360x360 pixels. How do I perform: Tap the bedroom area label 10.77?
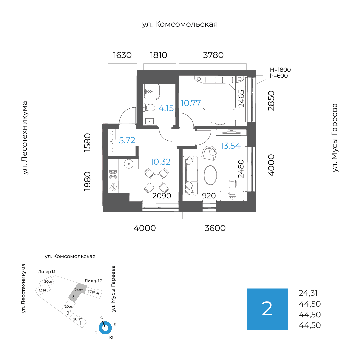[191, 103]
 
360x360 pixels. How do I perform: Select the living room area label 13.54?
[230, 146]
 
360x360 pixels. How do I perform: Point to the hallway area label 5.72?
[127, 140]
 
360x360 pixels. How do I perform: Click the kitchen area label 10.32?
[160, 162]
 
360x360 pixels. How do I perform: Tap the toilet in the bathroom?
[149, 107]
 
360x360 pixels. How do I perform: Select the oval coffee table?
[210, 175]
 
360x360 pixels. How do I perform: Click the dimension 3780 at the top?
[213, 55]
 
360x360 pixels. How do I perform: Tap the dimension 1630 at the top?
[123, 55]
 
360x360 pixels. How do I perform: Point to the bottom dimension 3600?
[215, 228]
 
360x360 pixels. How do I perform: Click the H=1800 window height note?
[280, 70]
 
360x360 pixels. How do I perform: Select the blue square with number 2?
[267, 309]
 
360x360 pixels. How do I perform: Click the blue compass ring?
[105, 328]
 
